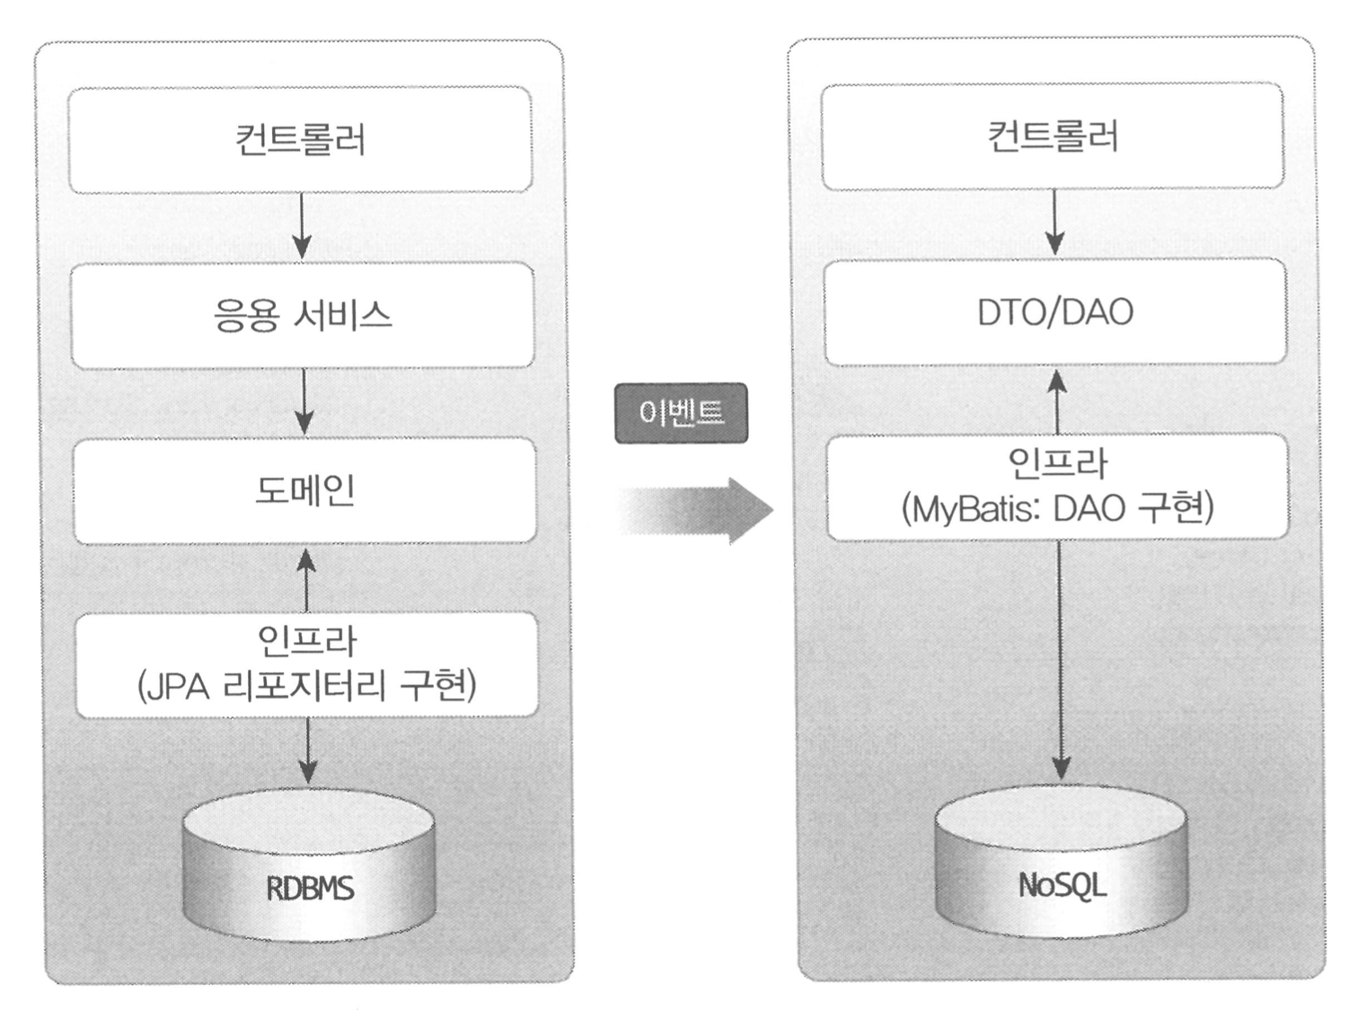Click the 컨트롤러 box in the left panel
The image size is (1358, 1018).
300,140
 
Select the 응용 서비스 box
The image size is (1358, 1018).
303,316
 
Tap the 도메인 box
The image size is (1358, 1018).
304,491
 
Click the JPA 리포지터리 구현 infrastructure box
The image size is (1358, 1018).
306,665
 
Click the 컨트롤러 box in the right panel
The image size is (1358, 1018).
1053,136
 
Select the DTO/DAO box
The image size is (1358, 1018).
1055,312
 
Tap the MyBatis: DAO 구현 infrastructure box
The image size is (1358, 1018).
1058,487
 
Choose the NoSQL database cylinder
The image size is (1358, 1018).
1062,864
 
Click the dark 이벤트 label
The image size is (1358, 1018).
681,413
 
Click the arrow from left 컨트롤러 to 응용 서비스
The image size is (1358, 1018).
302,226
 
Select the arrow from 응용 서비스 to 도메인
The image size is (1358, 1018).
304,402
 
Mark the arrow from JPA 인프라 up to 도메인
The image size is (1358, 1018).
306,579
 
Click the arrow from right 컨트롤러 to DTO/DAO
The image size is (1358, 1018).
1055,223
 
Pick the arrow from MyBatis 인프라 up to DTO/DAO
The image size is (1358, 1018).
1058,400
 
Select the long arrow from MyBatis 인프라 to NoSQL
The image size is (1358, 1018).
1061,660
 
